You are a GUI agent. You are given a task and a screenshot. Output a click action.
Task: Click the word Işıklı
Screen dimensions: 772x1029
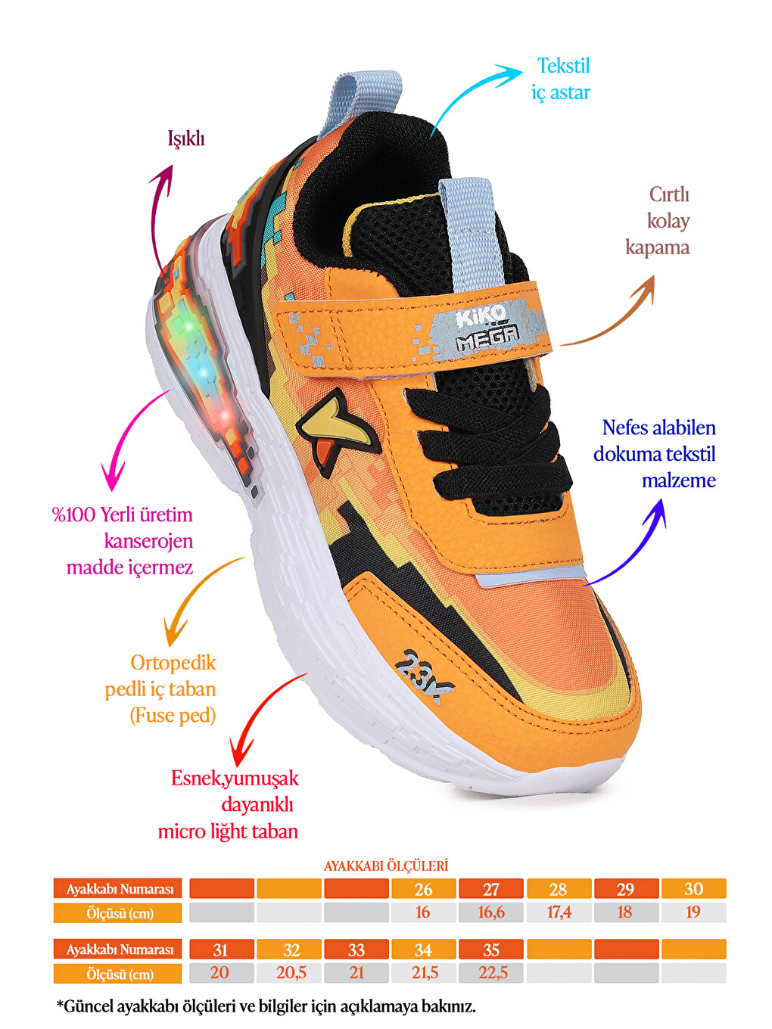186,138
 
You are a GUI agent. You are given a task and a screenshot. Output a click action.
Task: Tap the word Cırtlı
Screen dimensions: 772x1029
669,194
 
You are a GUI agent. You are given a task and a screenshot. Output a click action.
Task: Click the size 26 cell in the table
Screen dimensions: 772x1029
423,889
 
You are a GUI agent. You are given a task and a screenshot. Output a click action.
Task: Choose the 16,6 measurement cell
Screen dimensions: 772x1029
490,912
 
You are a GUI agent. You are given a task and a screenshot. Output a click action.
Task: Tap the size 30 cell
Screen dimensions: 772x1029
694,889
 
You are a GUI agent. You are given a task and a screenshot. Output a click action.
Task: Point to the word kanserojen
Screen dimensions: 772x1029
148,542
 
